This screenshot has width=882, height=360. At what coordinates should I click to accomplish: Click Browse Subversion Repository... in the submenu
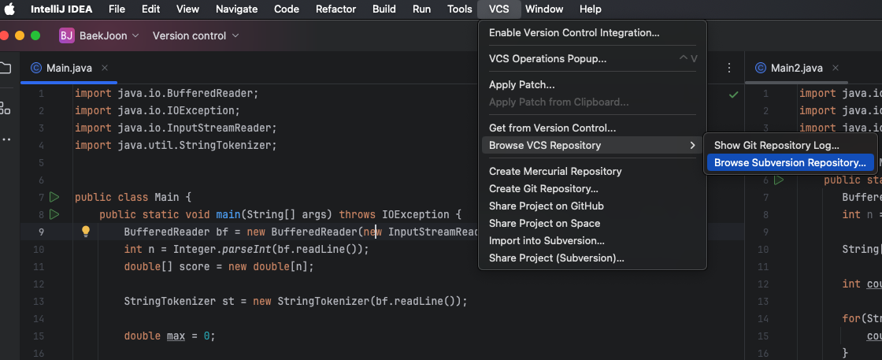pos(789,163)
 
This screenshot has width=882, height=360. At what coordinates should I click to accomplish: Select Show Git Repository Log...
pos(776,145)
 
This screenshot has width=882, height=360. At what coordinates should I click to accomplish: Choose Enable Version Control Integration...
pos(574,33)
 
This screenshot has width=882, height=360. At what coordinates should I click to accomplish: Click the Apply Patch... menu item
pos(521,84)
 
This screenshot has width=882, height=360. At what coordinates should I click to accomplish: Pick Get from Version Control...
pos(552,128)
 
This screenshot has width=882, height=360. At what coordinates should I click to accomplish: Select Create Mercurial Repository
pos(555,171)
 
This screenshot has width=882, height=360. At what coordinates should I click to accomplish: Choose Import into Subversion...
pos(547,240)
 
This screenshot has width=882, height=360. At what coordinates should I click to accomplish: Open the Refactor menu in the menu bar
pos(335,9)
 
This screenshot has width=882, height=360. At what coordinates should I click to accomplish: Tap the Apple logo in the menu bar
pos(10,9)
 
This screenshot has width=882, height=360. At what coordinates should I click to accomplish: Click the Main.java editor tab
pos(69,68)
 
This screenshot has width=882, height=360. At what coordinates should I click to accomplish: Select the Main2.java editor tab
pos(796,68)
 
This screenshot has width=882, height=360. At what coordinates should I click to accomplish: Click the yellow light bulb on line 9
pos(86,232)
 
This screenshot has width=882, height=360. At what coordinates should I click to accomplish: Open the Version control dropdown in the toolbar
pos(195,35)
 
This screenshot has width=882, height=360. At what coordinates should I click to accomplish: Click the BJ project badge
pos(67,35)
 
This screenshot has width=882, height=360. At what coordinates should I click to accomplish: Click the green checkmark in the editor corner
pos(733,94)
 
